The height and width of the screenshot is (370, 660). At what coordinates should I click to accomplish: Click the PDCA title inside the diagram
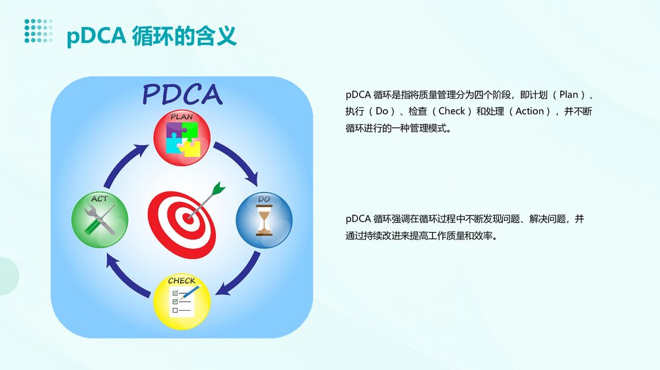pyautogui.click(x=182, y=94)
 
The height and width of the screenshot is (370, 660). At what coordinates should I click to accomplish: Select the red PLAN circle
pyautogui.click(x=181, y=137)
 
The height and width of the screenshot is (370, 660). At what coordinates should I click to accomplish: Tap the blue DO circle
pyautogui.click(x=263, y=219)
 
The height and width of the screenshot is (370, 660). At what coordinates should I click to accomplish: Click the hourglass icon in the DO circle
pyautogui.click(x=264, y=222)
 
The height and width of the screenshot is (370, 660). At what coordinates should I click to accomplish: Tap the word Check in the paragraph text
pyautogui.click(x=451, y=111)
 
